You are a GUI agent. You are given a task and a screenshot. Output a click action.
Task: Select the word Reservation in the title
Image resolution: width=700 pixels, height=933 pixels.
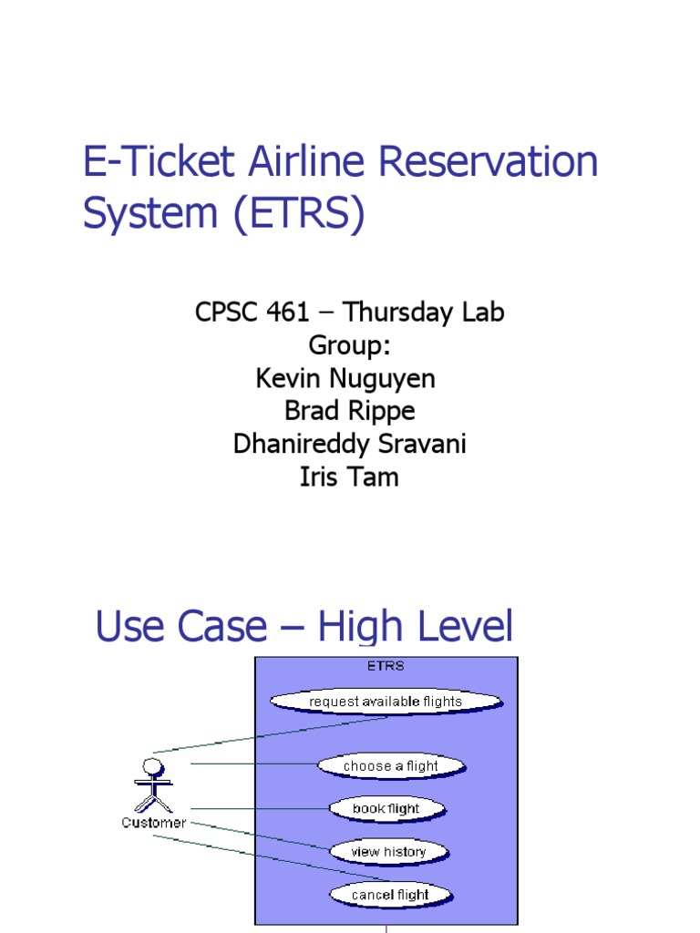point(489,163)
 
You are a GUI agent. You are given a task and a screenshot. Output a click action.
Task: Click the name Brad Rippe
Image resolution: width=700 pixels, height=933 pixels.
point(349,411)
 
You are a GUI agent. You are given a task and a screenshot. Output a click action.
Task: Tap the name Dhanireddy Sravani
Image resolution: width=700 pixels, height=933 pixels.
point(349,444)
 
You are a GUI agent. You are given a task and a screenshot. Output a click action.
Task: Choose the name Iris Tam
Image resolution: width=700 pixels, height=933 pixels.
point(349,477)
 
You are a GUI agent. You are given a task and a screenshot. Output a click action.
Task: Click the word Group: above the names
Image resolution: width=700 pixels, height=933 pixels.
point(349,345)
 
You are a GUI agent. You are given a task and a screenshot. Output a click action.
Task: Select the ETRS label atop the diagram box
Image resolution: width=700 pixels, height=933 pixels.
point(386,666)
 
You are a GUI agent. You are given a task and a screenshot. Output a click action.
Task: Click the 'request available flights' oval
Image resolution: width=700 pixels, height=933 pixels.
point(386,702)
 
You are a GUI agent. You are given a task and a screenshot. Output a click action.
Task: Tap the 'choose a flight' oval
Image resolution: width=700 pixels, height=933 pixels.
point(391,766)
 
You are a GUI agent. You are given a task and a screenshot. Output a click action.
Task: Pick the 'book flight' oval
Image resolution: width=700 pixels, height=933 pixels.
point(386,808)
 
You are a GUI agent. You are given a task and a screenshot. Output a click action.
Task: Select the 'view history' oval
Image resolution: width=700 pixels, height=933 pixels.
point(388,852)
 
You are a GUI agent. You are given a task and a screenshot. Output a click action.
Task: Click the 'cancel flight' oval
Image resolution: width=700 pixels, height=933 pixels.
point(390,895)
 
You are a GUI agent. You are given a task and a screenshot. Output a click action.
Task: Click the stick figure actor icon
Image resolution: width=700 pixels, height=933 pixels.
point(153,783)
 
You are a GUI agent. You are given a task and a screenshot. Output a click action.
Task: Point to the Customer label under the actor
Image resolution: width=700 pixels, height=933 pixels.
point(153,823)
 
